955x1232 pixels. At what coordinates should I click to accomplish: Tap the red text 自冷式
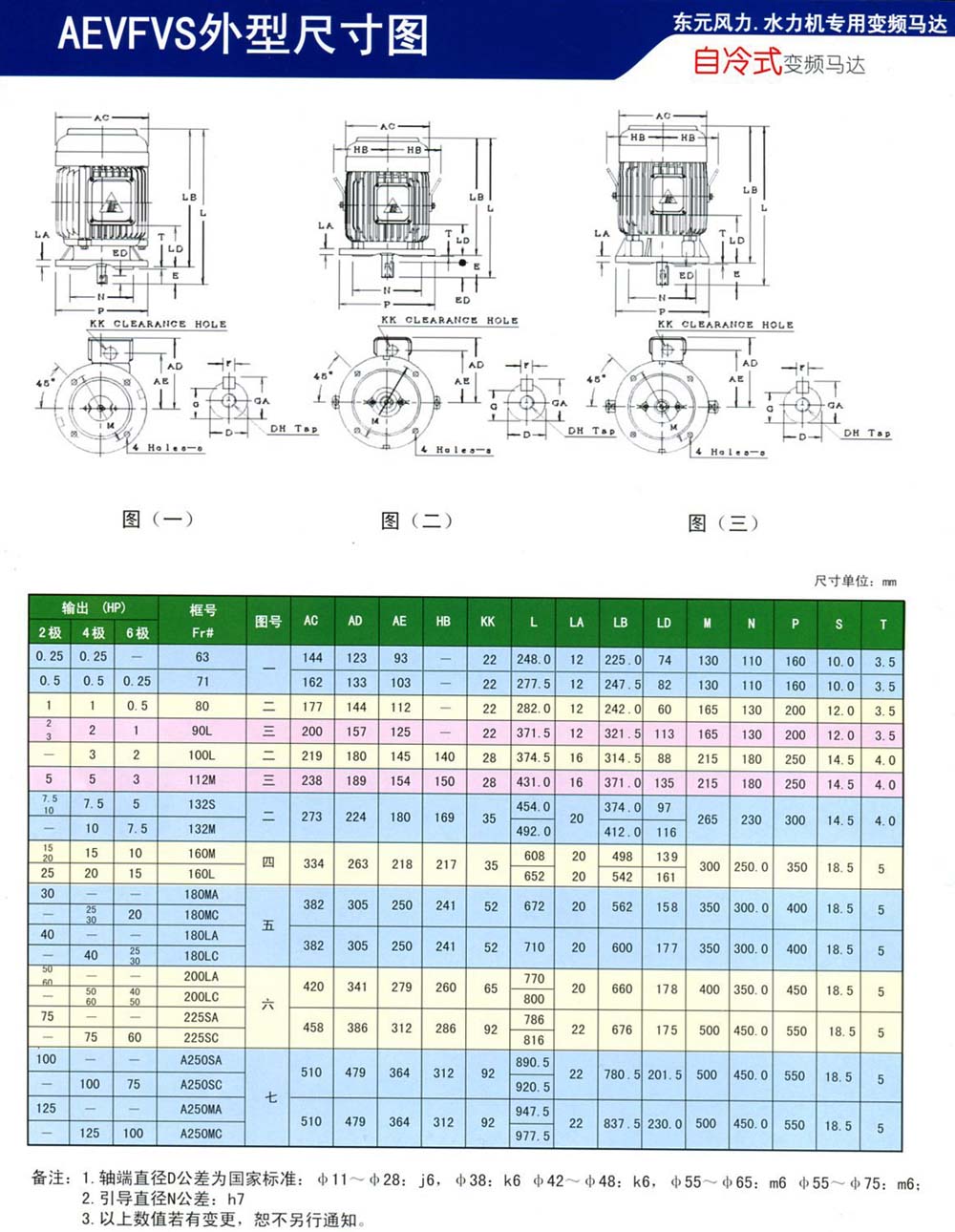coord(737,63)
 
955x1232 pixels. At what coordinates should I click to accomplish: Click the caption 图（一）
coord(158,519)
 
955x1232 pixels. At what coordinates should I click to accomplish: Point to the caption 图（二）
coord(415,520)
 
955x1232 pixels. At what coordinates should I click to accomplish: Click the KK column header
coord(488,622)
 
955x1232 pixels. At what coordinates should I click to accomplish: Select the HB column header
coord(444,622)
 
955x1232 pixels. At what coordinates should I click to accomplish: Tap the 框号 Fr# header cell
coord(202,621)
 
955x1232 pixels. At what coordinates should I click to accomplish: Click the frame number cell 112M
coord(202,779)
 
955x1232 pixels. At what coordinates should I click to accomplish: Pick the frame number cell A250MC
coord(202,1134)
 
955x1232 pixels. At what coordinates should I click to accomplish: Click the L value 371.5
coord(534,733)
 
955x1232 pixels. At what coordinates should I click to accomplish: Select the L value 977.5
coord(533,1136)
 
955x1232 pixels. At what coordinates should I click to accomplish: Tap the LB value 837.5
coord(622,1124)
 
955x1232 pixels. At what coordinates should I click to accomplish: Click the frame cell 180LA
coord(202,935)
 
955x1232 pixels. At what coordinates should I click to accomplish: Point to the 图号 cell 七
coord(270,1098)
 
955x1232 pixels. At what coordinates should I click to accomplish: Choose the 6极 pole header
coord(137,633)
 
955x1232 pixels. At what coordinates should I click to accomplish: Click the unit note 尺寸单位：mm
coord(855,581)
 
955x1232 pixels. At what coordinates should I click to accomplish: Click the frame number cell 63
coord(202,657)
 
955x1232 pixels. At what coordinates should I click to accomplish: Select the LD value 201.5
coord(665,1075)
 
